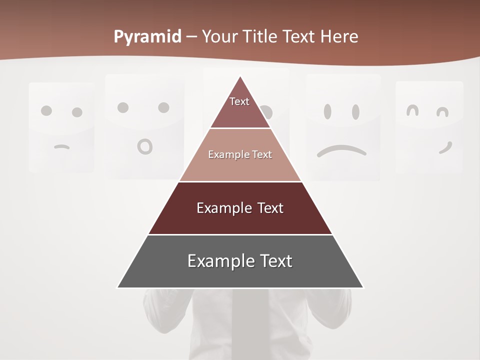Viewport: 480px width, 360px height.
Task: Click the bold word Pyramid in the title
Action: coord(147,37)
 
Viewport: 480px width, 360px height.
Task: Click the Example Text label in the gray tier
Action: coord(240,261)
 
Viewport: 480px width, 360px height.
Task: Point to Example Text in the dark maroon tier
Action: coord(240,208)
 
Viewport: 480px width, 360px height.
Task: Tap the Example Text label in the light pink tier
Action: coord(240,154)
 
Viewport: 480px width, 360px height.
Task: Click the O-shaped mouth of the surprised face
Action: coord(145,146)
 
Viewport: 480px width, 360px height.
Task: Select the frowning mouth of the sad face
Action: coord(341,150)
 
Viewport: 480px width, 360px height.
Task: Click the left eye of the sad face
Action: coord(328,111)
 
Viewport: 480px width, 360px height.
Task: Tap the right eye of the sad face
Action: coord(355,111)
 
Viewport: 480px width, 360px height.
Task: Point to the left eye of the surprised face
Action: coord(123,107)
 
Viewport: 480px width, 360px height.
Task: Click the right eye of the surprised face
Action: coord(163,107)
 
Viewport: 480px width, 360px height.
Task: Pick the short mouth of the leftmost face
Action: coord(61,147)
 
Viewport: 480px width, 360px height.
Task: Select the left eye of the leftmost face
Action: coord(46,110)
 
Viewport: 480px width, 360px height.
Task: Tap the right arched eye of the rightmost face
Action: coord(441,112)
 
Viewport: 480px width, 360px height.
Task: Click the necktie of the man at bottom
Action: coord(243,325)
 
